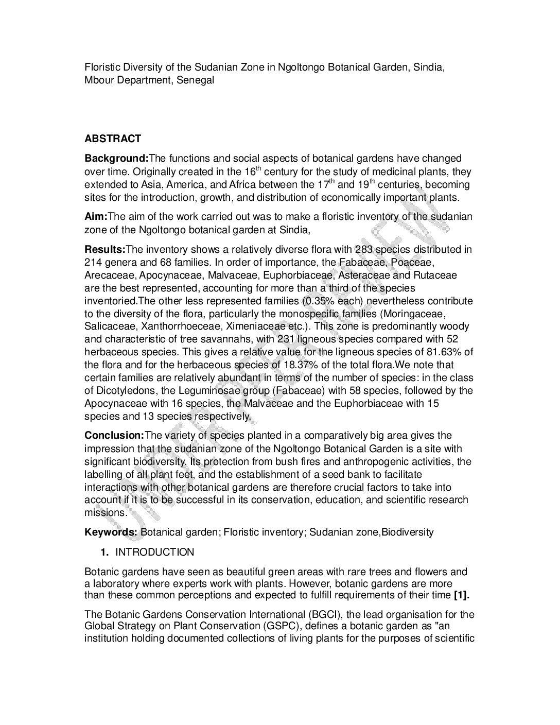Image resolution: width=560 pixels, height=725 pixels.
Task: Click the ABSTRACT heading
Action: (x=112, y=139)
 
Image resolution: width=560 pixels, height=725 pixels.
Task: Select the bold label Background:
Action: (x=116, y=158)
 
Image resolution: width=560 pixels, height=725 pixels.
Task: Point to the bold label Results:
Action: (x=105, y=250)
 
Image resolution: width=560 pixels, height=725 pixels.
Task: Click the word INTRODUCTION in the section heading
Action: (x=155, y=553)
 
